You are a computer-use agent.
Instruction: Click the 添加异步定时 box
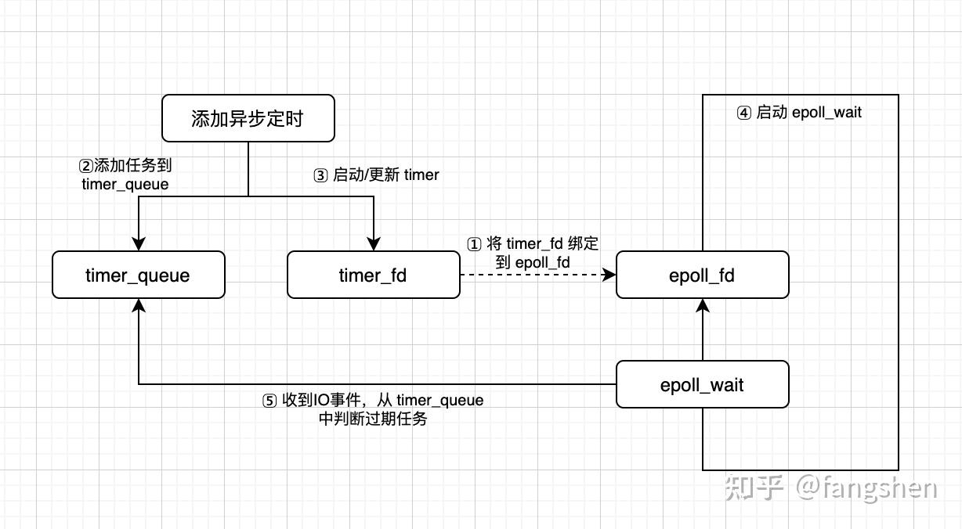tap(248, 118)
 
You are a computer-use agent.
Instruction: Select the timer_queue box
tap(138, 275)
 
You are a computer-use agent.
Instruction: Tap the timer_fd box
tap(373, 275)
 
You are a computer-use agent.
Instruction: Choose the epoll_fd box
tap(702, 275)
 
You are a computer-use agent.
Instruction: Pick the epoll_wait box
tap(702, 384)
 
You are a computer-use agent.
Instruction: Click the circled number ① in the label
tap(474, 244)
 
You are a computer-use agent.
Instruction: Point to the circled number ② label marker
tap(85, 166)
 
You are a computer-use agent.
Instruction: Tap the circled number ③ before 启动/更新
tap(320, 175)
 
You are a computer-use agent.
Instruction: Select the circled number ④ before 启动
tap(743, 113)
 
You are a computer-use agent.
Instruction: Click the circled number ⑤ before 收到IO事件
tap(269, 401)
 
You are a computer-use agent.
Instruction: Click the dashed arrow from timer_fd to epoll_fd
tap(533, 275)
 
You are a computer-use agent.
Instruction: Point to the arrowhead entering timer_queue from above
tap(139, 243)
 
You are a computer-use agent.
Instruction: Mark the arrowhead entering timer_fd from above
tap(374, 243)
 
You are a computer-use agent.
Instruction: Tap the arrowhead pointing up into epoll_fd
tap(703, 306)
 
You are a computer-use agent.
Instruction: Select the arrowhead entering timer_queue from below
tap(139, 306)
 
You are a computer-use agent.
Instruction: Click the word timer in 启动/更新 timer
tap(421, 175)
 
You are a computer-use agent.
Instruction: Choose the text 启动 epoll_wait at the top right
tap(808, 113)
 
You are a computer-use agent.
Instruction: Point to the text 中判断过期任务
tap(373, 419)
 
